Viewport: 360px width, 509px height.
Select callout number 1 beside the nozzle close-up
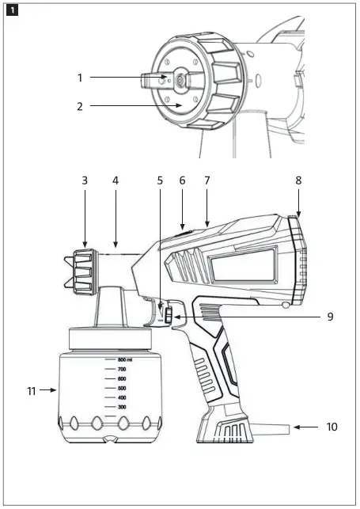[x=80, y=78]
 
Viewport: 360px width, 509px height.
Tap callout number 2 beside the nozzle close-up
[x=80, y=104]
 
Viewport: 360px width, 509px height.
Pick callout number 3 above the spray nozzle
[x=85, y=180]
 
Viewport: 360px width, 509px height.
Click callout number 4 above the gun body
[x=116, y=180]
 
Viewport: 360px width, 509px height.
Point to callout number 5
[x=160, y=180]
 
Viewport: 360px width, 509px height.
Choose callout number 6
[x=182, y=180]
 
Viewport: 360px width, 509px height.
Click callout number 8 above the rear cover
[x=298, y=180]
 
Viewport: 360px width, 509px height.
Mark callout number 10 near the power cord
[x=332, y=427]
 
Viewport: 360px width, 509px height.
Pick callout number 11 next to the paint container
[x=30, y=389]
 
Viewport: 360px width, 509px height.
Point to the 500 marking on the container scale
[x=122, y=388]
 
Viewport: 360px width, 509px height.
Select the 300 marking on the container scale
[x=122, y=407]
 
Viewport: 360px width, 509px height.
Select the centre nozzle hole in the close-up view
[x=180, y=78]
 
